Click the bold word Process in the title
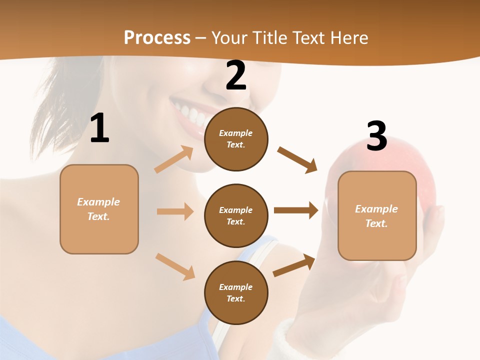coord(157,38)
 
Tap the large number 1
coord(99,128)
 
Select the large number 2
coord(236,75)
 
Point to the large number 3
coord(376,136)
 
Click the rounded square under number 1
coord(99,209)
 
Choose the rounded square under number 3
coord(377,216)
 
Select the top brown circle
coord(236,139)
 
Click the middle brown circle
coord(236,216)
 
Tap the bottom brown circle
coord(236,293)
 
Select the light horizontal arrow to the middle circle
coord(175,211)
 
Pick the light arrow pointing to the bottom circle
coord(175,266)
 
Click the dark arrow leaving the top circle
coord(297,159)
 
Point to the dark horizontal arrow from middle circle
coord(296,210)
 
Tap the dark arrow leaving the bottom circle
coord(294,265)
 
